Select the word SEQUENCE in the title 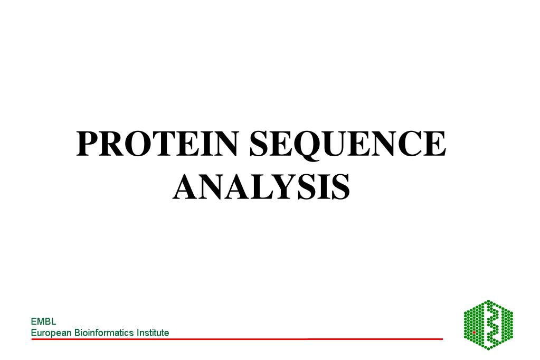(x=347, y=144)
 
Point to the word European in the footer (x=51, y=333)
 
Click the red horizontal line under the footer (x=238, y=339)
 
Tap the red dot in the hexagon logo (x=474, y=333)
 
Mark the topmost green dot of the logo (x=489, y=301)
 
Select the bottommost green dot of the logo (x=489, y=348)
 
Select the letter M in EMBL (x=41, y=321)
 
